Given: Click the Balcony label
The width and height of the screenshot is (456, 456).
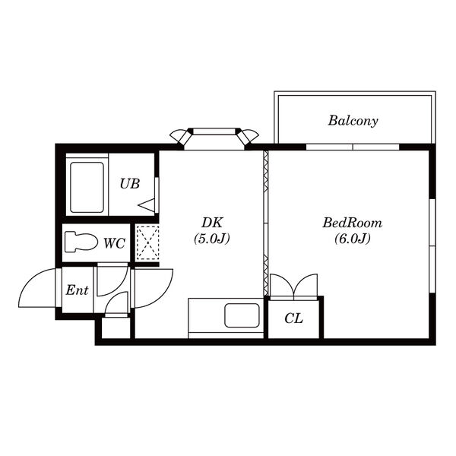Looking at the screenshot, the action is (353, 121).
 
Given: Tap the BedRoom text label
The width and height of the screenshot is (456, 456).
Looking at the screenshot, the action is (353, 223).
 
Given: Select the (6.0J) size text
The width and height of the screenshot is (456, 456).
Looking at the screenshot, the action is (353, 239).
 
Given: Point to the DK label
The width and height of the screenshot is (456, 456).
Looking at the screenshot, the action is (212, 223).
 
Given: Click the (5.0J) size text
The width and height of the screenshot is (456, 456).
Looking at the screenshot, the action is (212, 239).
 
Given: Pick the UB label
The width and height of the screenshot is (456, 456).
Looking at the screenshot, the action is (130, 184).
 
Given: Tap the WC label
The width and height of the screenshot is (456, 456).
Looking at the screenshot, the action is (115, 243).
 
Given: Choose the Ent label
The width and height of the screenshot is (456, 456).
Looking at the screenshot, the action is (77, 290).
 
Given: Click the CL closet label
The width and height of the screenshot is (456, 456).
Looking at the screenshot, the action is (293, 318).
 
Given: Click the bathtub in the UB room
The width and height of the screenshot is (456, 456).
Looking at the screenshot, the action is (87, 188).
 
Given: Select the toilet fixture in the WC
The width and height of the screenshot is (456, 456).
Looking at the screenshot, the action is (81, 242).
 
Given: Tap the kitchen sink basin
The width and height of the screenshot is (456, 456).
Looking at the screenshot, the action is (242, 315).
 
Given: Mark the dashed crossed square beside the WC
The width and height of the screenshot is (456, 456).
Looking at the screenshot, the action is (148, 242).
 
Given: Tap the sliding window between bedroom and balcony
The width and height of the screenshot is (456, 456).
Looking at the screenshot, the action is (353, 147).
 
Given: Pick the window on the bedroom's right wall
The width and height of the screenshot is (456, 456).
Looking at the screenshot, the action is (432, 245).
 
